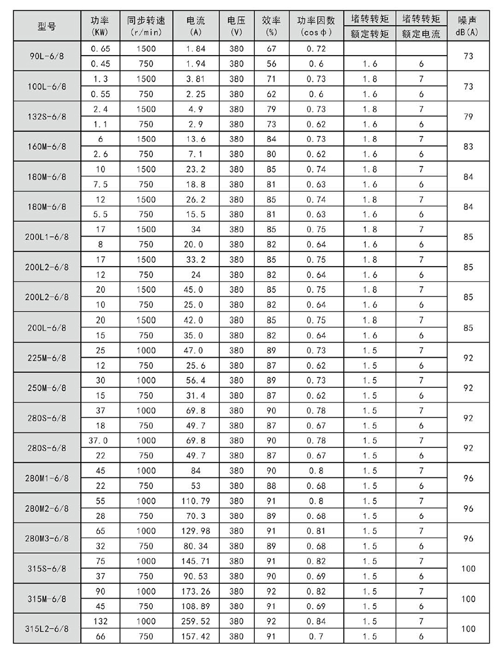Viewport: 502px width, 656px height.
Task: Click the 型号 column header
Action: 47,26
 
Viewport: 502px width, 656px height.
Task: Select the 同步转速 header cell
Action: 146,26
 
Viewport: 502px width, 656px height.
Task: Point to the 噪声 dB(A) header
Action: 468,26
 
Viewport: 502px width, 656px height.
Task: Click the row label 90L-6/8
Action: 47,56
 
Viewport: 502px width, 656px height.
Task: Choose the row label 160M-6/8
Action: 47,147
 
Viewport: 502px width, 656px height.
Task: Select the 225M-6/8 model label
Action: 47,358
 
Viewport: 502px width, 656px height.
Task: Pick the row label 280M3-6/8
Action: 47,539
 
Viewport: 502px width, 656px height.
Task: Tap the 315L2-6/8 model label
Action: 47,629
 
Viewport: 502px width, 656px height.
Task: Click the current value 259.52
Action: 196,622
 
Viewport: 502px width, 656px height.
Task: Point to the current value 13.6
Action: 196,139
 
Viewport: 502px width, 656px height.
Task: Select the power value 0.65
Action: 101,49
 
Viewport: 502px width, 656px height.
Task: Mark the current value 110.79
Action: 196,501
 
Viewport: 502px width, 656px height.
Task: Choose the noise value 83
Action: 468,147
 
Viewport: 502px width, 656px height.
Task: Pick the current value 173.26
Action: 196,592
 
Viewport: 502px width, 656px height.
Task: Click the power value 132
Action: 101,622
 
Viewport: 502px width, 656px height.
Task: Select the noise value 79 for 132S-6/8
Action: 468,117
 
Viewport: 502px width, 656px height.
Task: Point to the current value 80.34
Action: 196,546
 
